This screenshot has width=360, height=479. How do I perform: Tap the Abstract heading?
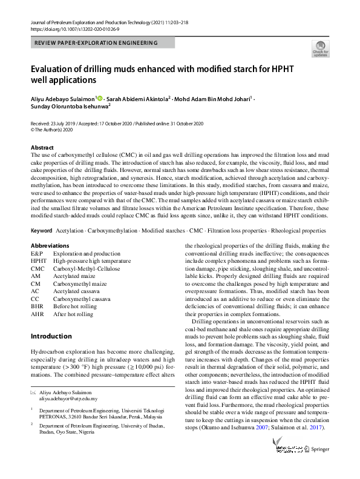(42, 147)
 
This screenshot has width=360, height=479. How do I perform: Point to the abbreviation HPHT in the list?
(38, 260)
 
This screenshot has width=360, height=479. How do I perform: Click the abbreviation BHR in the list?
(38, 306)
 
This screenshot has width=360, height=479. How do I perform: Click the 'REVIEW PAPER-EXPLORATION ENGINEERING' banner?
(97, 43)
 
